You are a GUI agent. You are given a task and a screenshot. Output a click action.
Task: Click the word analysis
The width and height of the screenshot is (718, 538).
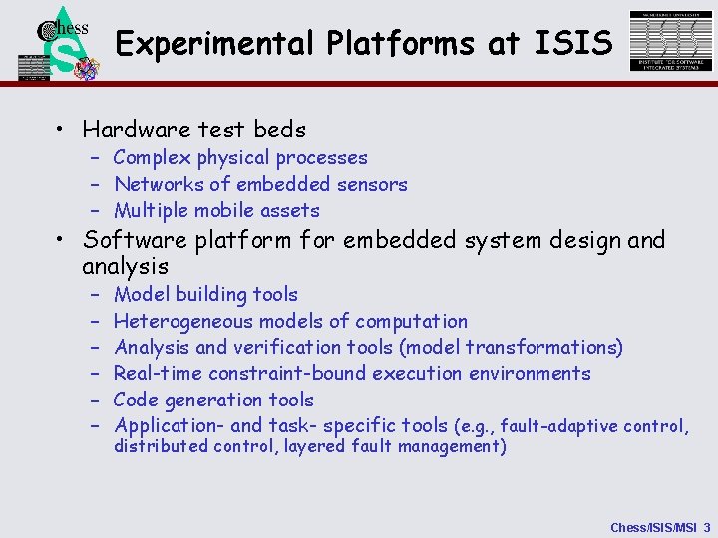point(125,267)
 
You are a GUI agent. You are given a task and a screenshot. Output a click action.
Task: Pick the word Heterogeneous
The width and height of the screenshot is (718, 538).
point(183,321)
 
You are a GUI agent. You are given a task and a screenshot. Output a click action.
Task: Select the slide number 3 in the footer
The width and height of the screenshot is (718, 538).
point(707,526)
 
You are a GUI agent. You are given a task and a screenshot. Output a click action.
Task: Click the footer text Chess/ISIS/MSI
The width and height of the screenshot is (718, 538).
point(653,526)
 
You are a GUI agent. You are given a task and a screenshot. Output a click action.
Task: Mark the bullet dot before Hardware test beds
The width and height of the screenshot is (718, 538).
point(62,130)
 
